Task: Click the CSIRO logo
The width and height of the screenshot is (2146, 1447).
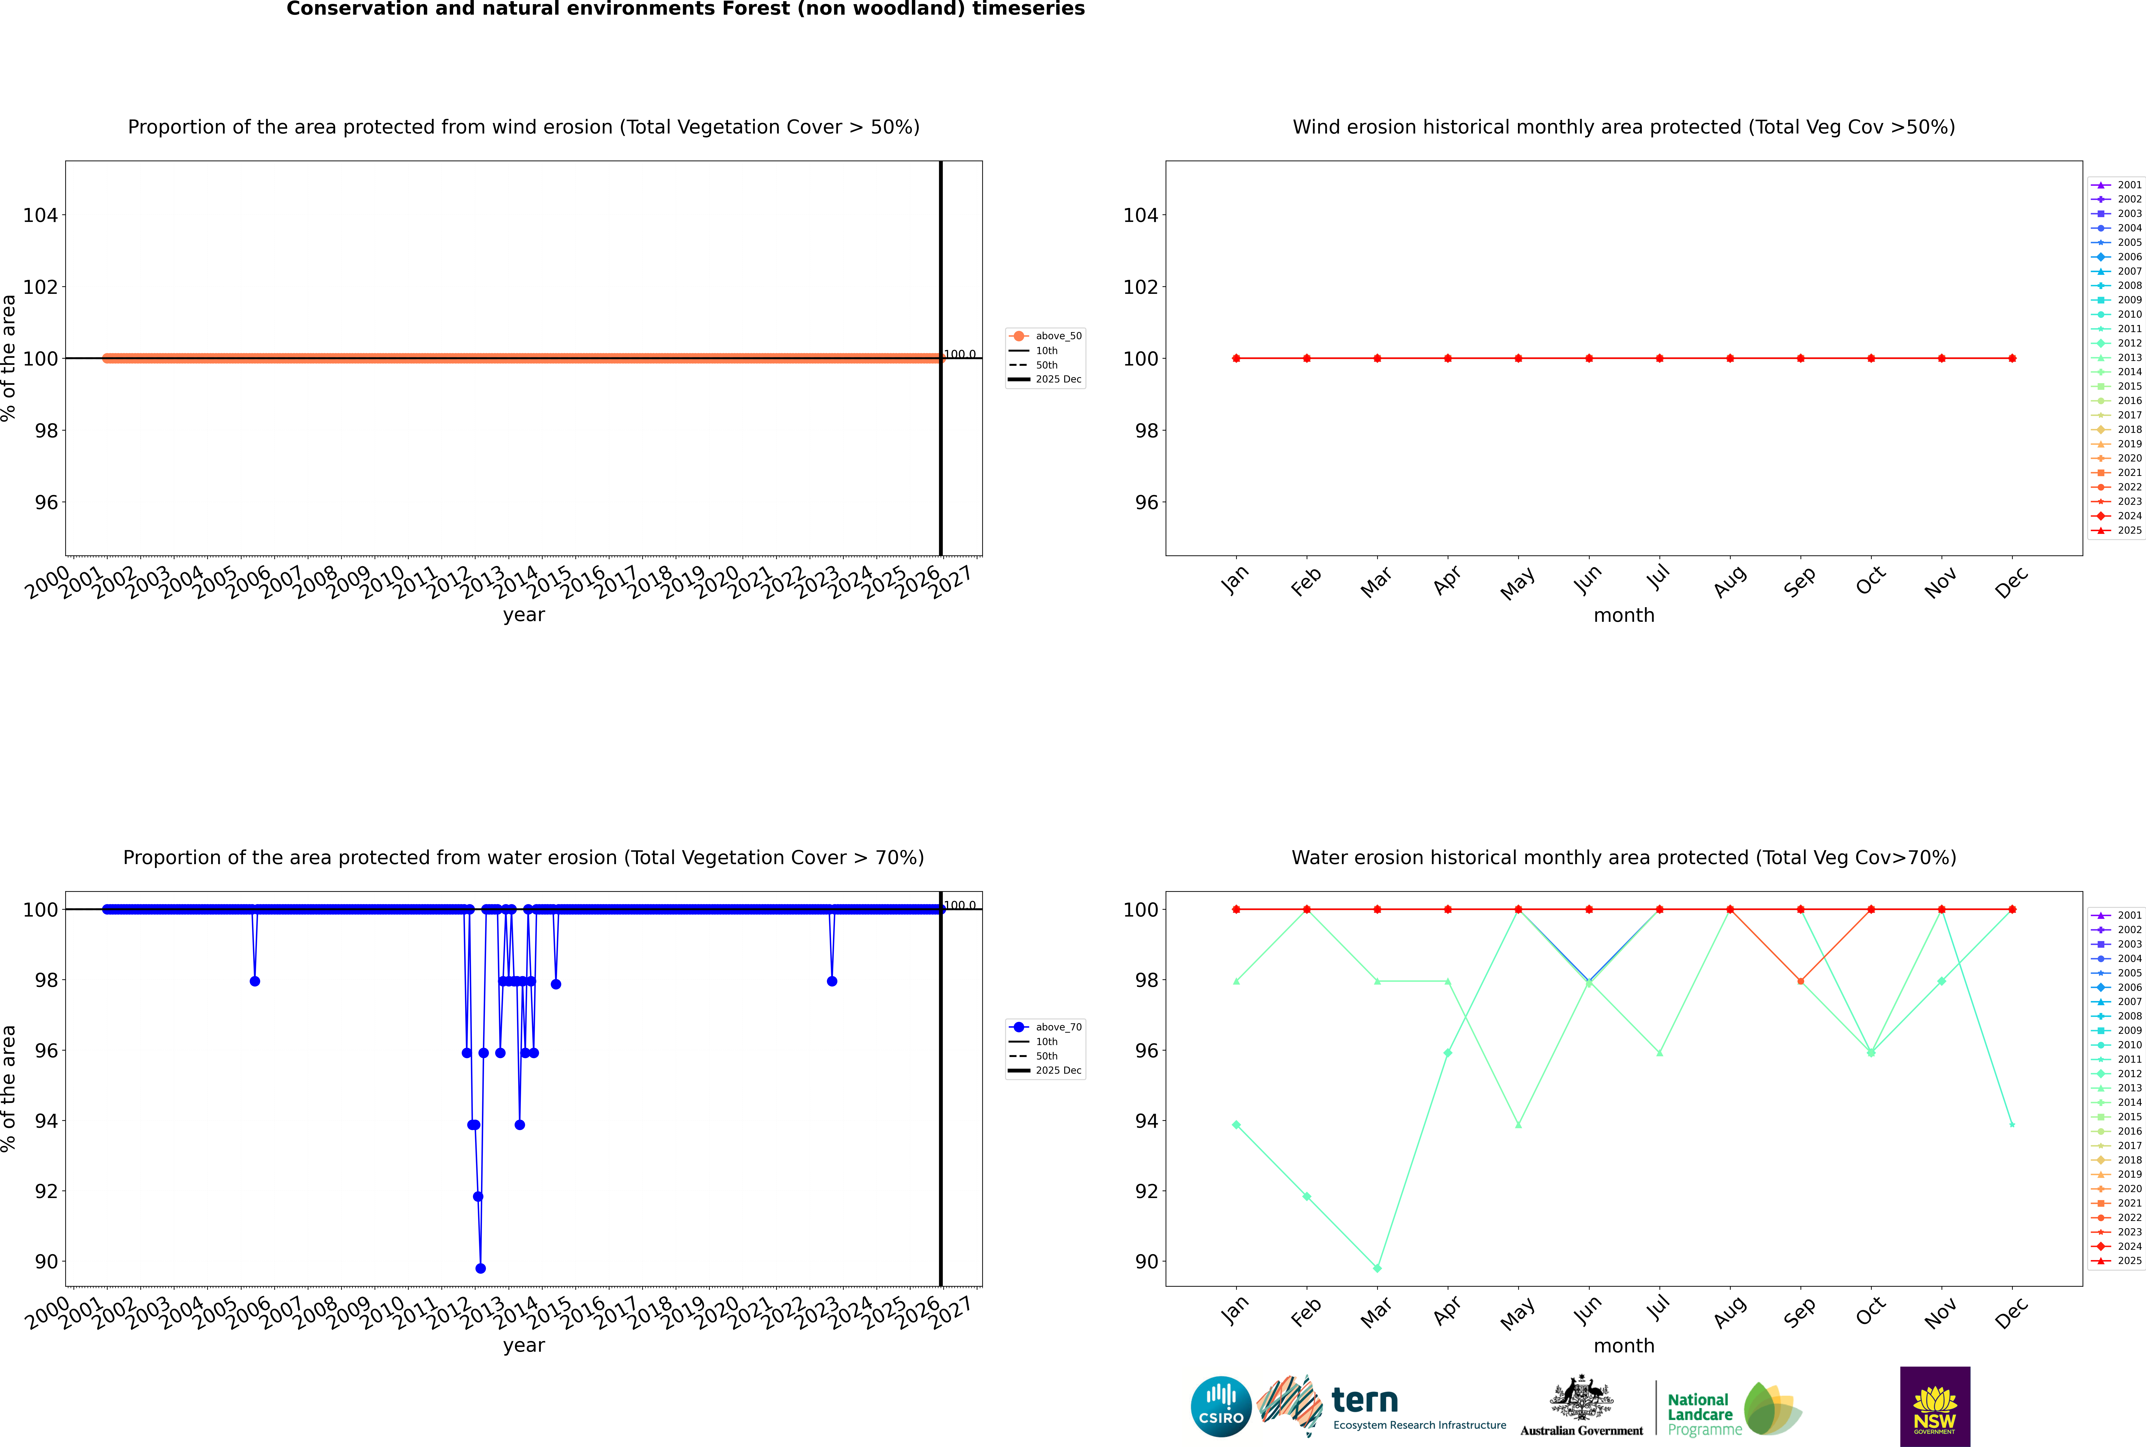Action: coord(1221,1406)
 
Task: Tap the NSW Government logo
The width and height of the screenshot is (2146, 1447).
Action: coord(1935,1406)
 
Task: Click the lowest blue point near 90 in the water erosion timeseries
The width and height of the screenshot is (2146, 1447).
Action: coord(481,1268)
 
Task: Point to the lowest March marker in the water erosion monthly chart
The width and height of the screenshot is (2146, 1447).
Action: coord(1377,1268)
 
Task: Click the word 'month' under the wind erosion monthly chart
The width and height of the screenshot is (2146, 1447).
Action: coord(1624,616)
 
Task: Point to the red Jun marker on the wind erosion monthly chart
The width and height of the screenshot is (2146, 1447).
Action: coord(1589,358)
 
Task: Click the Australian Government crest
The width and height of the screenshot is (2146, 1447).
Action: coord(1581,1398)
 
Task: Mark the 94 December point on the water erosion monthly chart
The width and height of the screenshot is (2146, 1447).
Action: coord(2012,1125)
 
